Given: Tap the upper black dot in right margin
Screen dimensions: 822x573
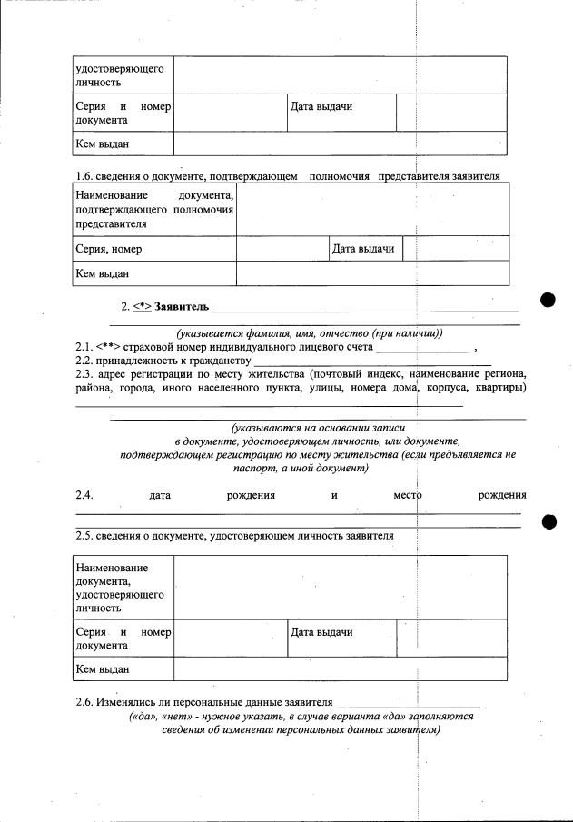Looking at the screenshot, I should (548, 301).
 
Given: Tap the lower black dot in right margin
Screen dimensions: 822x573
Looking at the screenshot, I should (548, 520).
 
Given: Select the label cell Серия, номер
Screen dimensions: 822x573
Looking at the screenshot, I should (109, 249).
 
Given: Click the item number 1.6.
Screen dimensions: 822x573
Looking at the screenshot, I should (84, 175).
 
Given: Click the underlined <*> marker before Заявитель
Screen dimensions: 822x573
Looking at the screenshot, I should (142, 308).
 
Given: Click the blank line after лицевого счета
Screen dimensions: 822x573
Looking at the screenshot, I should (425, 348).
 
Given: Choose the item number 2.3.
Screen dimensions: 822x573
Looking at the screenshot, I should (84, 374).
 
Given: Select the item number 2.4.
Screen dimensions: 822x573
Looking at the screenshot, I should (84, 496).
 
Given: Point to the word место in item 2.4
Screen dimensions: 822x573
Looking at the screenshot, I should (408, 496).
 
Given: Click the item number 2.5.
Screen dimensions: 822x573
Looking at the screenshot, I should (84, 536).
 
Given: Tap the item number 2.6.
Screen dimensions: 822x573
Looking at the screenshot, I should (84, 702).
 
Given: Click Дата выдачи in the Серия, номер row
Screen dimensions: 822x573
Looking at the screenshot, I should (363, 249).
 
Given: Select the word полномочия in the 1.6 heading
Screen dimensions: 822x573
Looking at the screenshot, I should (338, 175).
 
